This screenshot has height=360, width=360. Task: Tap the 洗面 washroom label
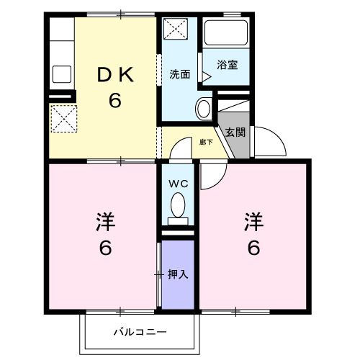coord(179,74)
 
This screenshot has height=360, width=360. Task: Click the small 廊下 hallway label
coord(206,143)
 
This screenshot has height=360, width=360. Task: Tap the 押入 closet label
coord(178,274)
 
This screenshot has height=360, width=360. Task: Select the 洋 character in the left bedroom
coord(105,220)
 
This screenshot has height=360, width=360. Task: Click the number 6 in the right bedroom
coord(253,248)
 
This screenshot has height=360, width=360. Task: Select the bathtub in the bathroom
coord(226,33)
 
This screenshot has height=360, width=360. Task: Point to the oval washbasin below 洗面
coord(203,109)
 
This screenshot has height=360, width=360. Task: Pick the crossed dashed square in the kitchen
coord(62,117)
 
